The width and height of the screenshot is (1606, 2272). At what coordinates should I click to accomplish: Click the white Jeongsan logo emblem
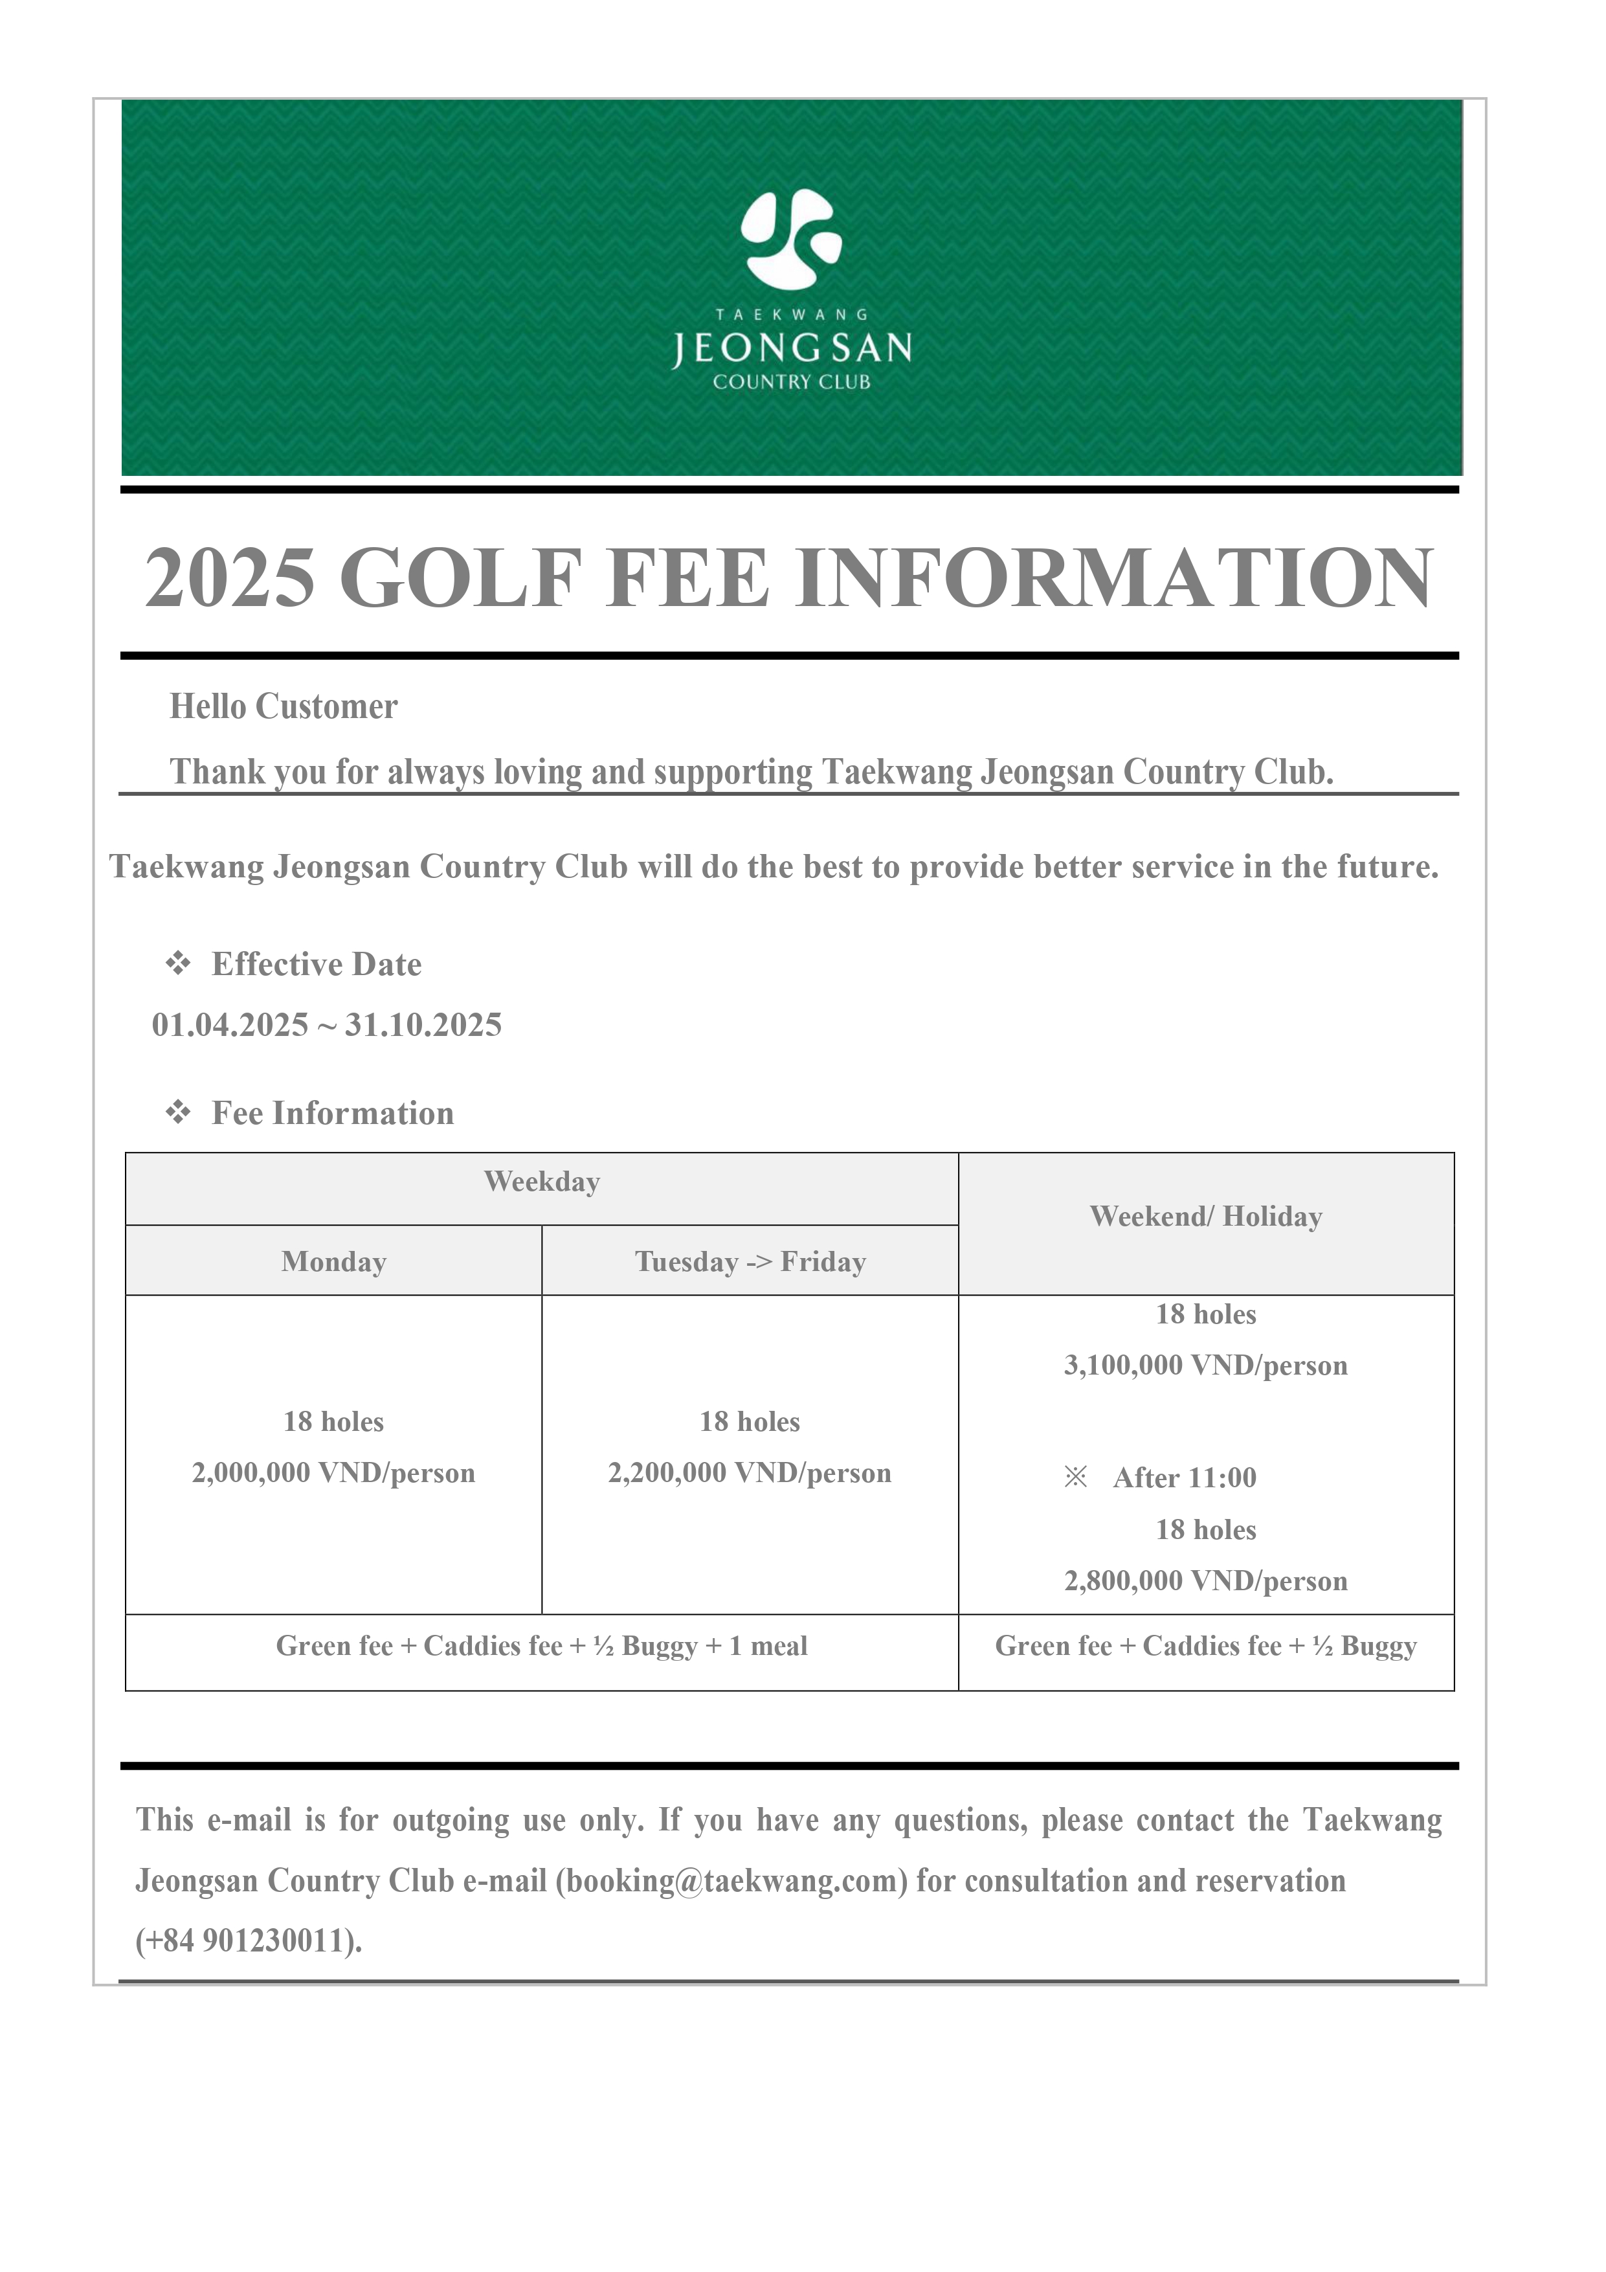(x=792, y=238)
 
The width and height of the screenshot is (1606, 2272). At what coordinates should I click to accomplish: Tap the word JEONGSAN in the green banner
(x=792, y=348)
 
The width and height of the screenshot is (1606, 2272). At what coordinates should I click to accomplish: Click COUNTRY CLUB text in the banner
(x=792, y=382)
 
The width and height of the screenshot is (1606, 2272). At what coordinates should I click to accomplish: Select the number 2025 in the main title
(x=230, y=579)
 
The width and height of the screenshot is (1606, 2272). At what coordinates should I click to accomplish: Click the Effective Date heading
(x=317, y=964)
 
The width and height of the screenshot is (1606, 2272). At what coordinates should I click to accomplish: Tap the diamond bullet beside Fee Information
(x=178, y=1112)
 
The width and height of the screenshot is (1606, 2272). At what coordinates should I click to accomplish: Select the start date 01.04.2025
(x=230, y=1024)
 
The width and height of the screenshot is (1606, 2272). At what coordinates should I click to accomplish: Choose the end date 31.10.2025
(x=423, y=1024)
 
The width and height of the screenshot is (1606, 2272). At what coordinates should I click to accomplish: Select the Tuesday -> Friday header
(x=750, y=1262)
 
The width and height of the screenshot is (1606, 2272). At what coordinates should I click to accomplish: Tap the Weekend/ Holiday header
(x=1205, y=1216)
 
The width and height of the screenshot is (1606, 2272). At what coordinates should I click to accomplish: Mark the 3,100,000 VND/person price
(x=1205, y=1366)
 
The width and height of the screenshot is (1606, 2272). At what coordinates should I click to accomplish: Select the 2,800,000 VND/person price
(x=1205, y=1580)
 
